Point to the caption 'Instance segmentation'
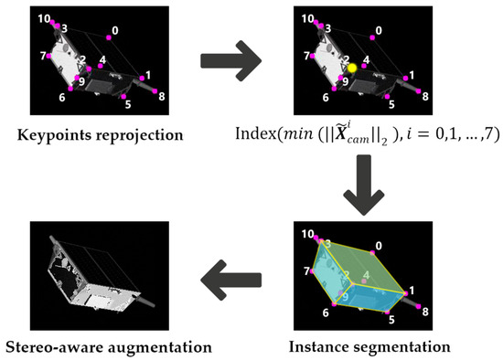[x=369, y=347]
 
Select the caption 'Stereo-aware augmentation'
[x=108, y=347]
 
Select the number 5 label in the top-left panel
[x=127, y=104]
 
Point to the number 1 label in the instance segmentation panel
[x=411, y=290]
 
